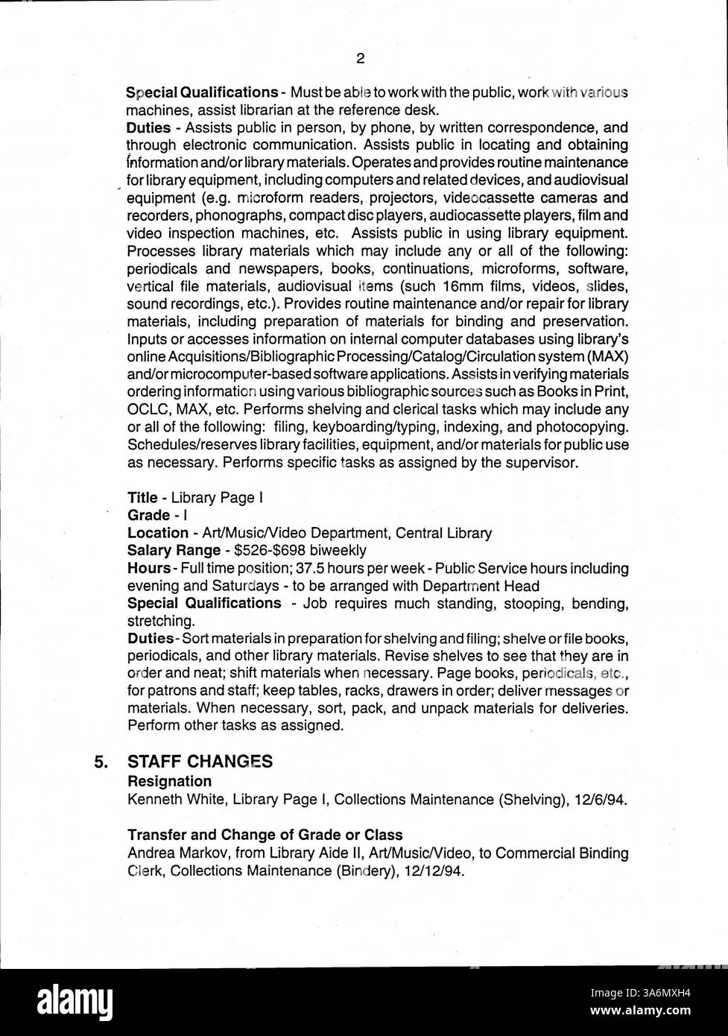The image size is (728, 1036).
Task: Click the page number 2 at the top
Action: click(x=360, y=58)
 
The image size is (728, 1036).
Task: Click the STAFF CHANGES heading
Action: click(x=200, y=761)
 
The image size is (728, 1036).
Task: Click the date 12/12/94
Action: click(x=438, y=871)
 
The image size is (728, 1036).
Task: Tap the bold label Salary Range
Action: click(x=174, y=550)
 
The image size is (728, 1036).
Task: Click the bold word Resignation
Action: click(x=169, y=781)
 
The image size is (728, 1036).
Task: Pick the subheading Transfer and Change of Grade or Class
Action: click(x=265, y=834)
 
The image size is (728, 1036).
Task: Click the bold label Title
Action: click(x=142, y=497)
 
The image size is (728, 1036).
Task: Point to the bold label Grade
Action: click(x=148, y=515)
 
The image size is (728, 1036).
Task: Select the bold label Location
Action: click(x=157, y=533)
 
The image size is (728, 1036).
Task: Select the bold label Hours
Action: click(x=148, y=568)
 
